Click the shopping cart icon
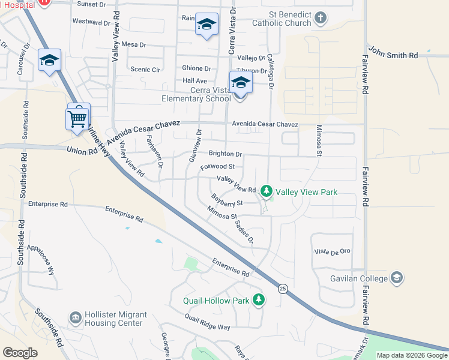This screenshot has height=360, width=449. click(x=77, y=118)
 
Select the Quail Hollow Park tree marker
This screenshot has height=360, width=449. click(x=259, y=299)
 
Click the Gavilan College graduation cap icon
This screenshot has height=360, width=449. click(x=396, y=278)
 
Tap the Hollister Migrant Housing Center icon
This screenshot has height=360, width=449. click(x=76, y=317)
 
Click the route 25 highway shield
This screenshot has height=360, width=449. click(x=282, y=289)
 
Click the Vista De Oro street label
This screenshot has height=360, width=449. click(x=331, y=252)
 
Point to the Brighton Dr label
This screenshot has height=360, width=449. click(x=225, y=154)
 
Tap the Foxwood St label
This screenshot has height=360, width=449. click(x=221, y=166)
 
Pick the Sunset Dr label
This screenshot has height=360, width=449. click(x=91, y=4)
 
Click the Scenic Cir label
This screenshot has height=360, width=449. click(x=145, y=70)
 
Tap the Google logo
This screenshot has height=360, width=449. click(x=20, y=352)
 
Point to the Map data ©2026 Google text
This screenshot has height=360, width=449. click(x=411, y=355)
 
